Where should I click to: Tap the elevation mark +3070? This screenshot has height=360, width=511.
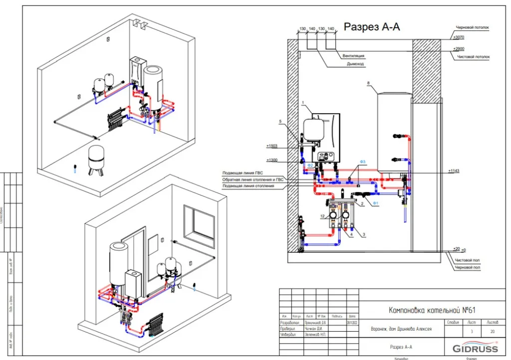[x=458, y=38]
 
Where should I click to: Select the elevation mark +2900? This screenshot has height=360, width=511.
[x=458, y=48]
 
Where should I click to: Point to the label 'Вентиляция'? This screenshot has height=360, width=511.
[x=352, y=56]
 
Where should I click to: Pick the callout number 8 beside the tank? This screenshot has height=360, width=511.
[x=368, y=83]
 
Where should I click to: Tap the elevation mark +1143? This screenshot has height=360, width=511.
[x=454, y=171]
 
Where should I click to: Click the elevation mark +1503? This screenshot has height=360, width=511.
[x=272, y=146]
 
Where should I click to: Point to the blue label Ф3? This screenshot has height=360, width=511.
[x=363, y=162]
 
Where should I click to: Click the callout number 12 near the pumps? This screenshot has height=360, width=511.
[x=323, y=215]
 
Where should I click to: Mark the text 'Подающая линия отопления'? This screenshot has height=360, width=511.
[x=248, y=186]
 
